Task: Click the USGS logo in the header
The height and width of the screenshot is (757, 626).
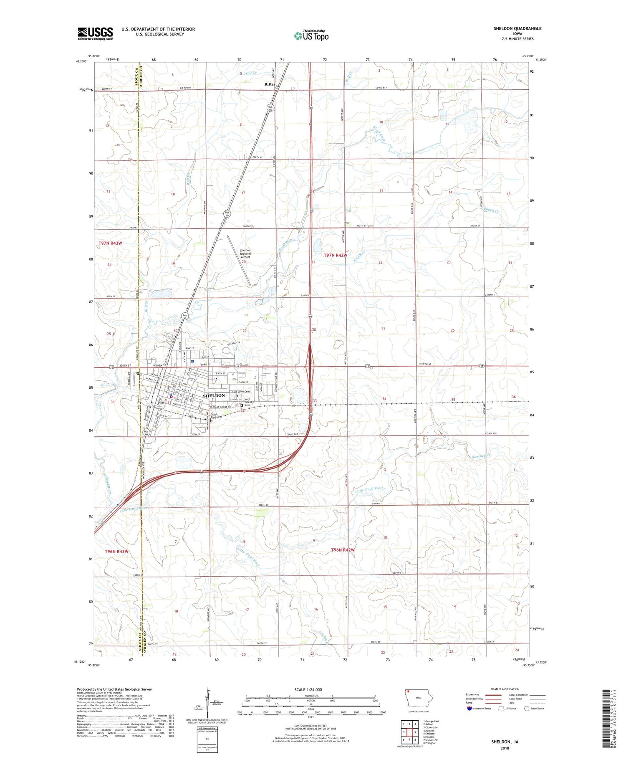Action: pos(95,33)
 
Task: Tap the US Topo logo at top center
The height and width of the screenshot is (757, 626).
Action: pos(311,36)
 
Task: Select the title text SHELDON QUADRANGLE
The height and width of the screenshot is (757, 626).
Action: pos(517,28)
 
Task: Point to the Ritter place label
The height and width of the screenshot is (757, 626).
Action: pos(270,84)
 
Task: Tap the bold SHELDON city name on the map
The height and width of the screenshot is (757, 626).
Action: pos(214,395)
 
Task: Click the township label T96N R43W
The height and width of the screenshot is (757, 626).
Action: pos(117,552)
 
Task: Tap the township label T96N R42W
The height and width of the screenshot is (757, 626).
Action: pos(343,550)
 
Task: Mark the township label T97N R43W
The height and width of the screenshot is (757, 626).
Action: pos(111,243)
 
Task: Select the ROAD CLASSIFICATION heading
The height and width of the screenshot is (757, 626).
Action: pos(505,689)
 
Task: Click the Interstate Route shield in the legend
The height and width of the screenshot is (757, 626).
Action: pos(469,709)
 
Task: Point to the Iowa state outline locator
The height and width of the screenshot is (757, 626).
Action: pos(419,698)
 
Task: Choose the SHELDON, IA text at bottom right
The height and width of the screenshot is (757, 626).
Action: pos(505,742)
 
